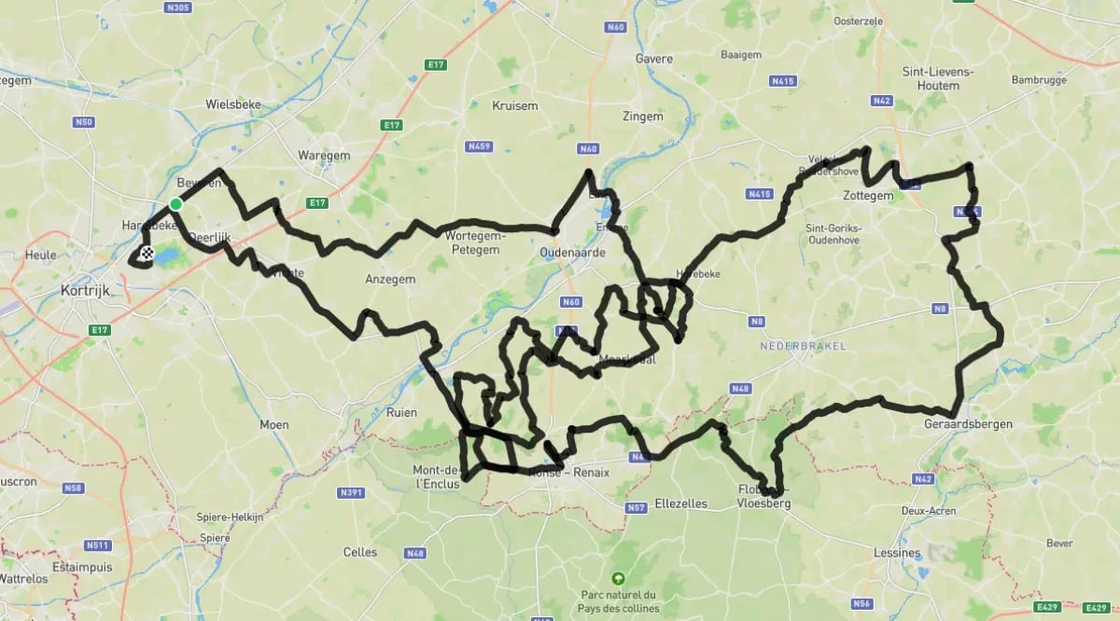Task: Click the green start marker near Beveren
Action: coord(175,204)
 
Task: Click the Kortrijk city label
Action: coord(84,291)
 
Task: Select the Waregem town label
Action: coord(322,155)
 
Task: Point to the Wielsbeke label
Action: coord(233,105)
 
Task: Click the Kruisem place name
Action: coord(514,105)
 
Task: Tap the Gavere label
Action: coord(653,59)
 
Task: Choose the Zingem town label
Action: coord(643,117)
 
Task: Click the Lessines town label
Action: coord(899,553)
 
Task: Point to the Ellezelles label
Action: coord(680,504)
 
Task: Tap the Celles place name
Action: coord(360,552)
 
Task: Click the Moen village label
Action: coord(274,424)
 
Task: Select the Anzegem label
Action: coord(390,279)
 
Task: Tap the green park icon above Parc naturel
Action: coord(617,578)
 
